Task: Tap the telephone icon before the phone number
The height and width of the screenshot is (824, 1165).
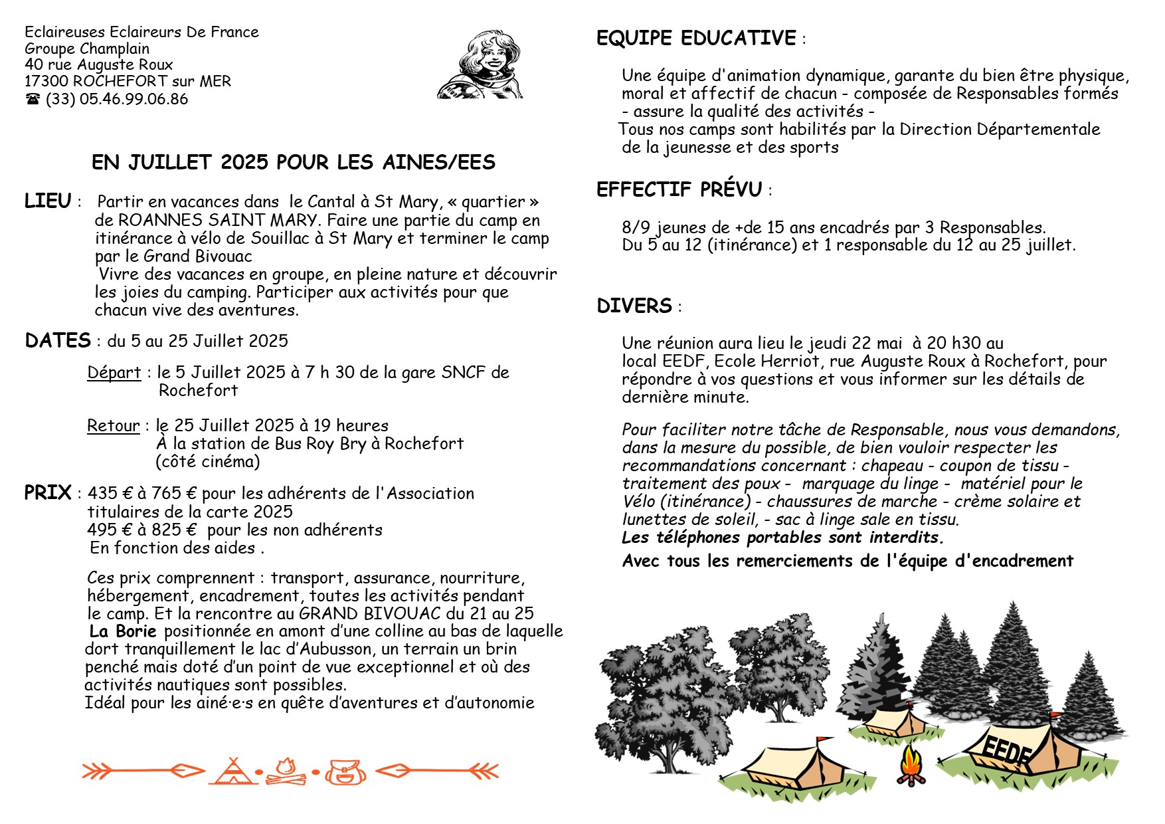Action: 33,99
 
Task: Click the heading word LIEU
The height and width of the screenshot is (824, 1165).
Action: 47,201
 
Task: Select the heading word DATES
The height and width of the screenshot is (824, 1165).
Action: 58,340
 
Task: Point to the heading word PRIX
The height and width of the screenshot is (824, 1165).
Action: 47,492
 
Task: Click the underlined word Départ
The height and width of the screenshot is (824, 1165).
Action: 114,372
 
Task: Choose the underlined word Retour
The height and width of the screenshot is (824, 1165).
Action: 114,425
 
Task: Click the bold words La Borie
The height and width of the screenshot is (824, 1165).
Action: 123,631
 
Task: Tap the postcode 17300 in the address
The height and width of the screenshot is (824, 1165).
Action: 46,81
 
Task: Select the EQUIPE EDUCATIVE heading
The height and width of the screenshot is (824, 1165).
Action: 696,38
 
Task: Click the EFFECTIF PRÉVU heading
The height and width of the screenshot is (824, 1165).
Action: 679,189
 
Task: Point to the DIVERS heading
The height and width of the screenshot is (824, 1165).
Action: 634,306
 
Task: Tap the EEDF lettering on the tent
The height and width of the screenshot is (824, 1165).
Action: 1007,750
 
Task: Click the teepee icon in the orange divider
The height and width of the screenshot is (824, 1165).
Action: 232,771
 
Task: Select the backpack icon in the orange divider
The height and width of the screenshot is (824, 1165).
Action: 345,772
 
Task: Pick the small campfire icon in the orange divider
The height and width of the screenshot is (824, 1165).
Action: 288,771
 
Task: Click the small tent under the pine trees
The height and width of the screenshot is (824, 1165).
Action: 897,722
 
